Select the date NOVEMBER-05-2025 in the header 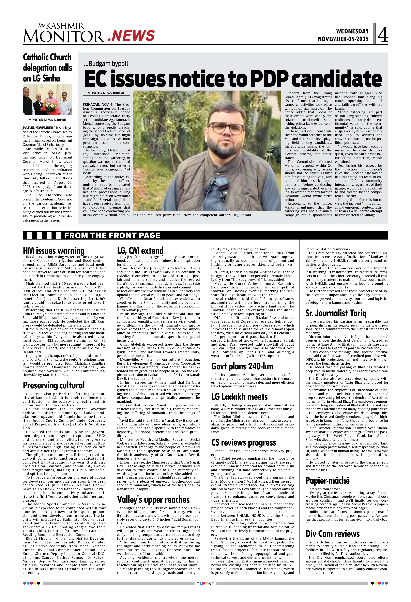(x=343, y=39)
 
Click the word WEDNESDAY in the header (x=352, y=31)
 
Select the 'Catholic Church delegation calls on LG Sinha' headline (x=47, y=68)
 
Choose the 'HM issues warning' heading (x=54, y=251)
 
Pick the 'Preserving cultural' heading (x=54, y=385)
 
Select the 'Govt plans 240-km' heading (x=242, y=366)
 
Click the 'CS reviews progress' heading (x=243, y=443)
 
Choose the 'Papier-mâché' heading (x=327, y=481)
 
